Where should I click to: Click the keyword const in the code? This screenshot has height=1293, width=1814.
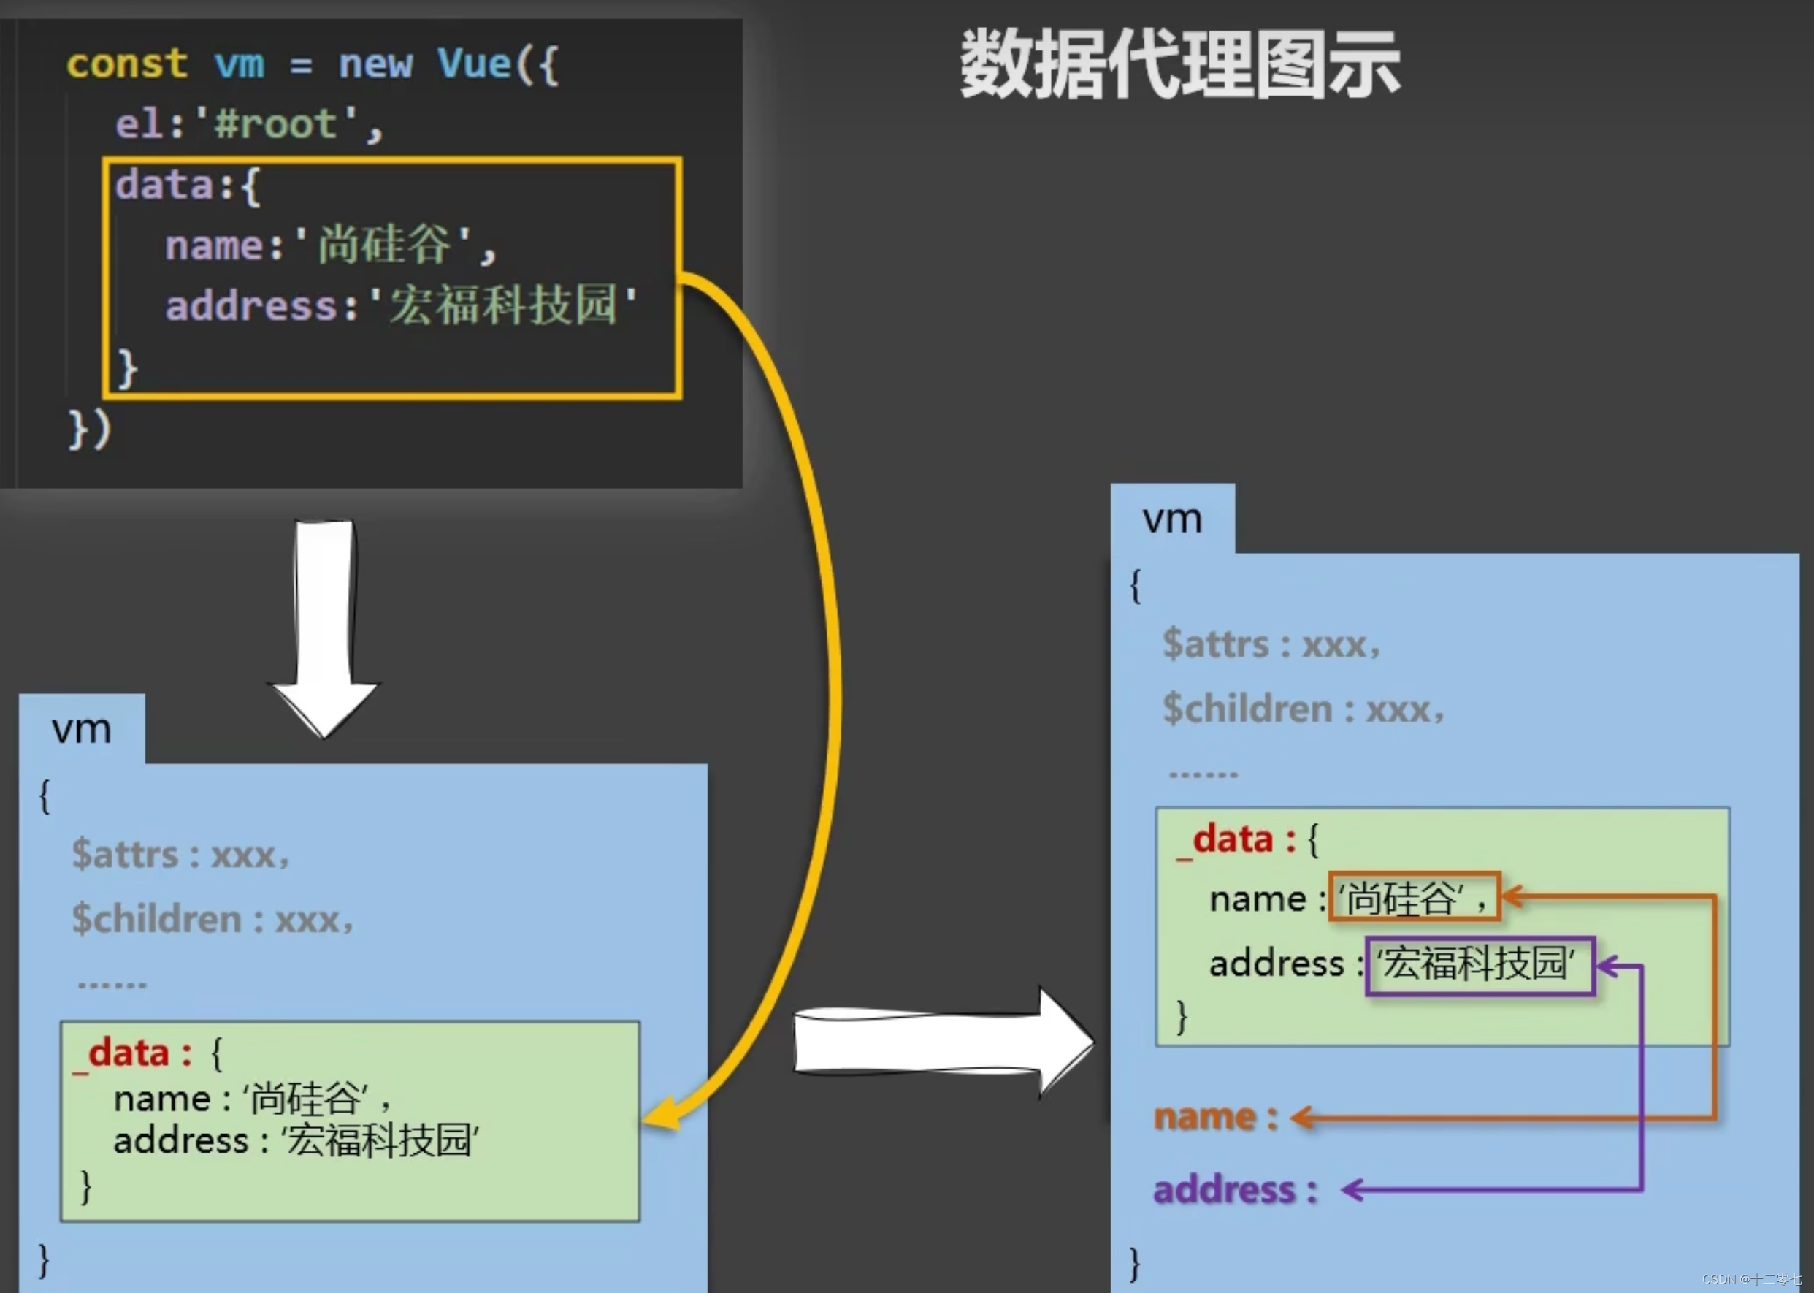tap(126, 64)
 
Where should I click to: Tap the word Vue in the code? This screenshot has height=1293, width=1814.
tap(475, 64)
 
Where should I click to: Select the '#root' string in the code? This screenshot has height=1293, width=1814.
tap(275, 124)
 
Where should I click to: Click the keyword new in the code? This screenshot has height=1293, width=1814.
tap(375, 64)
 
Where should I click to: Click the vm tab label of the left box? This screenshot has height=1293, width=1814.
tap(81, 729)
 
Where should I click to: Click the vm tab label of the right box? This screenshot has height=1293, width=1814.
tap(1171, 519)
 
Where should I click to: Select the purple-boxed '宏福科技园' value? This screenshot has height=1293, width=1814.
tap(1480, 964)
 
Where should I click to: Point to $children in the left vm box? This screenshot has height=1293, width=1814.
tap(157, 919)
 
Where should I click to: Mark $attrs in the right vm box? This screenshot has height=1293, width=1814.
tap(1215, 644)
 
